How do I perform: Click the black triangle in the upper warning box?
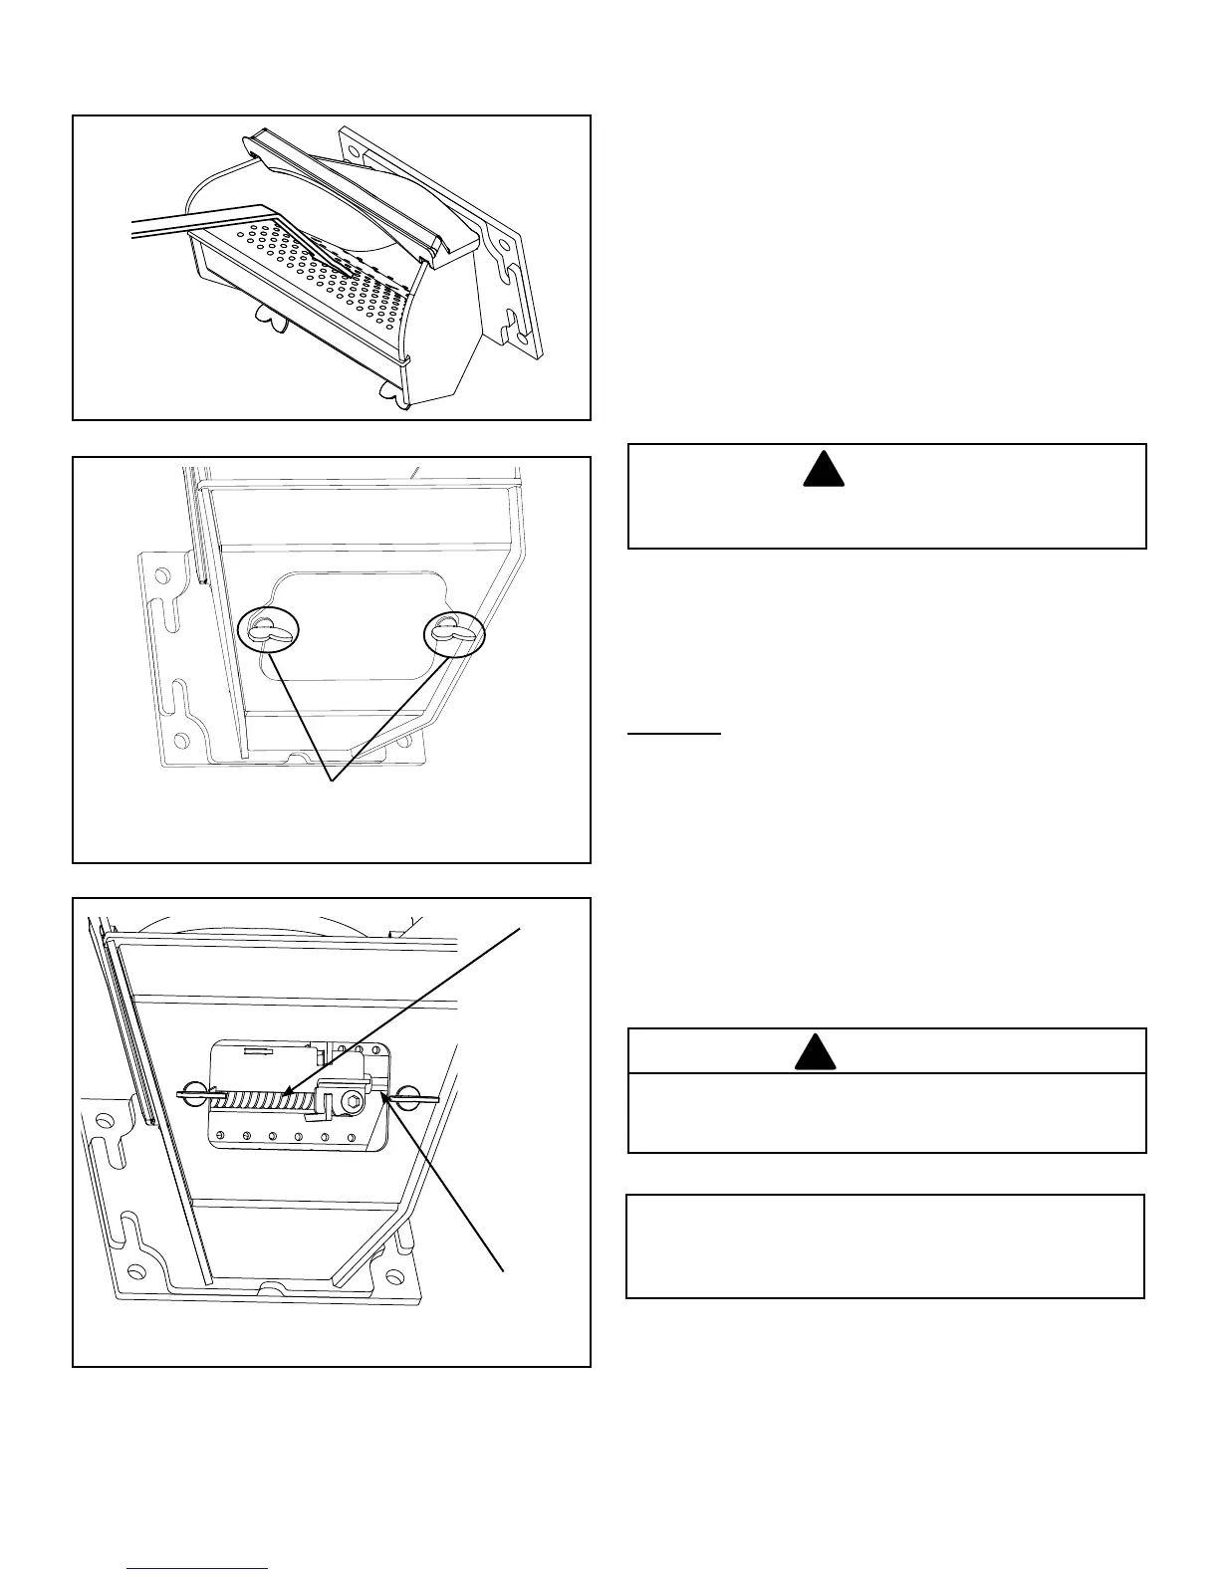click(x=824, y=469)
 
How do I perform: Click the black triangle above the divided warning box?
click(x=815, y=1053)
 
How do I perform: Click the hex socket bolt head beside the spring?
click(x=351, y=1101)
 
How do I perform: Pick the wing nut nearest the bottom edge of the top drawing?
click(x=395, y=396)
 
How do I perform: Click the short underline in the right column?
click(x=674, y=734)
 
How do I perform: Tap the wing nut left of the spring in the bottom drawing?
click(x=196, y=1095)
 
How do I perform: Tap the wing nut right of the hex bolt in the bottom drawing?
click(x=406, y=1097)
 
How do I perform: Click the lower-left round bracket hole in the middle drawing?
click(x=180, y=741)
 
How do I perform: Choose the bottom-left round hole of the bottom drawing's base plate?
click(x=135, y=1268)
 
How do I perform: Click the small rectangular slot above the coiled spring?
click(x=257, y=1049)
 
